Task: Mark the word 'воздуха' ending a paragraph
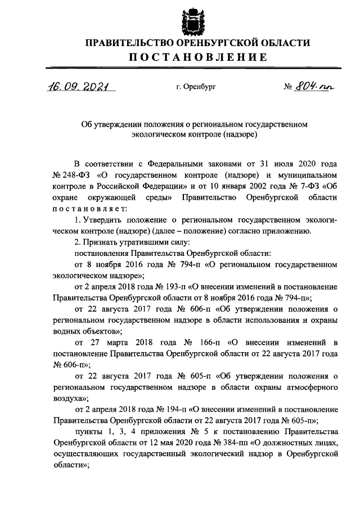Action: pos(68,397)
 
